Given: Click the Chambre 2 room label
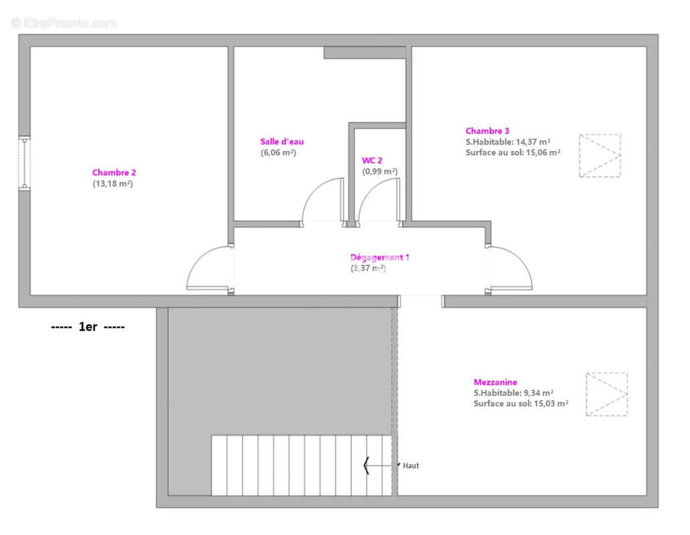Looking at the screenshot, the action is click(114, 173).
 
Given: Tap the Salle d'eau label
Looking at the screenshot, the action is click(281, 142).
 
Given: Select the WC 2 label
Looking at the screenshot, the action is click(372, 160).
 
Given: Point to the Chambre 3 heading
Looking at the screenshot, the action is click(487, 130).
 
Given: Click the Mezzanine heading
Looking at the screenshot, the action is click(495, 382).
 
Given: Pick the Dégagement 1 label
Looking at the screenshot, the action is click(380, 257).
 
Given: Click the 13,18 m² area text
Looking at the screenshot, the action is click(112, 183).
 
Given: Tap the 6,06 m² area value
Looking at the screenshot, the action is click(278, 152).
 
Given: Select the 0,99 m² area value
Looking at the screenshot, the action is click(380, 171).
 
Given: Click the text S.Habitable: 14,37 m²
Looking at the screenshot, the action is click(508, 142).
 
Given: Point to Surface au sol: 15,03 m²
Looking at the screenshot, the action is click(521, 403).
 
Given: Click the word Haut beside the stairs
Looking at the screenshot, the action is click(411, 465).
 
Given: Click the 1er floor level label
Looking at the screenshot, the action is click(88, 327).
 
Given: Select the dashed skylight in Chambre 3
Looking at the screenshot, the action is click(600, 156).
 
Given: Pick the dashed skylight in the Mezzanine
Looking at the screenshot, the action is click(606, 394).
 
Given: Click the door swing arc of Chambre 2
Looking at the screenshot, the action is click(200, 258).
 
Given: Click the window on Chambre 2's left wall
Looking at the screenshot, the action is click(24, 163).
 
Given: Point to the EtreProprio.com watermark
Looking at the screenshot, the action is click(64, 23).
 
